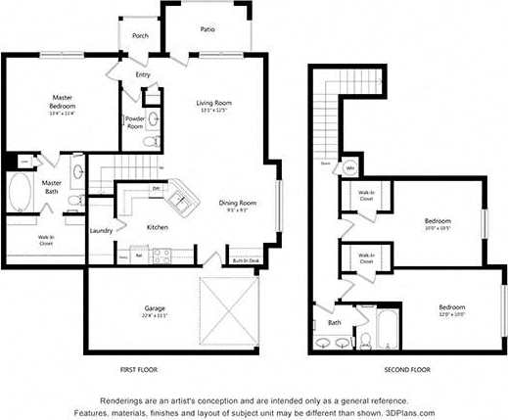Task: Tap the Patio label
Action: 208,29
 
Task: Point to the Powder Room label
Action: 135,122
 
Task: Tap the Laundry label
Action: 101,231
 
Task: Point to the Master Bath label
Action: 52,185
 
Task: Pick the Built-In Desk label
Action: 246,260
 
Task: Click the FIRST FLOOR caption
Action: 136,370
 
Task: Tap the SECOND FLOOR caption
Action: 408,370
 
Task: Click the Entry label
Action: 143,74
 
